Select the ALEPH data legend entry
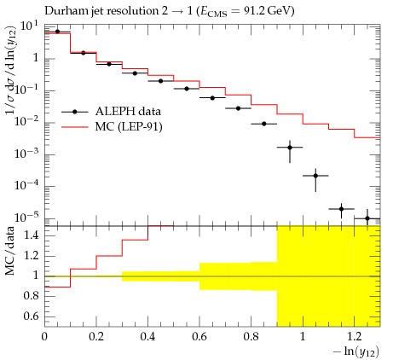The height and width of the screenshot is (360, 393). (x=111, y=111)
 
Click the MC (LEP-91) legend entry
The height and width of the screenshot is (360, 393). (x=112, y=126)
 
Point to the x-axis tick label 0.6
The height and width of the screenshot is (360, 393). (x=199, y=337)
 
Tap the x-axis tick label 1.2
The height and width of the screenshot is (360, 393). (x=354, y=337)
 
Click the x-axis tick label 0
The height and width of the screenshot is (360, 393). (x=44, y=337)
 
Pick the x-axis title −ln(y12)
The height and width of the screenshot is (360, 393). (x=356, y=351)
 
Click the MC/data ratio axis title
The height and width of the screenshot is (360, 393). (x=9, y=251)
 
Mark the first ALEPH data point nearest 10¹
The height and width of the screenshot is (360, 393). (x=57, y=32)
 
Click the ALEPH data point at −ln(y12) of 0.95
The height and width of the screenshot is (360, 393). (x=290, y=148)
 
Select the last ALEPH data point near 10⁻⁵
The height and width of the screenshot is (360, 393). (x=367, y=218)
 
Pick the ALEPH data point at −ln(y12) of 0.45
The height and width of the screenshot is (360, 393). (x=160, y=81)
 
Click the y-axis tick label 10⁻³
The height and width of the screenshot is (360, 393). (x=26, y=154)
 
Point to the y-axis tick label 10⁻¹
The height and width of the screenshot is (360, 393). (x=26, y=90)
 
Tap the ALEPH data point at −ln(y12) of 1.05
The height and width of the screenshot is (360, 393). (x=315, y=176)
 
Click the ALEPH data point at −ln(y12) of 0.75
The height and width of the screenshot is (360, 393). (x=238, y=108)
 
